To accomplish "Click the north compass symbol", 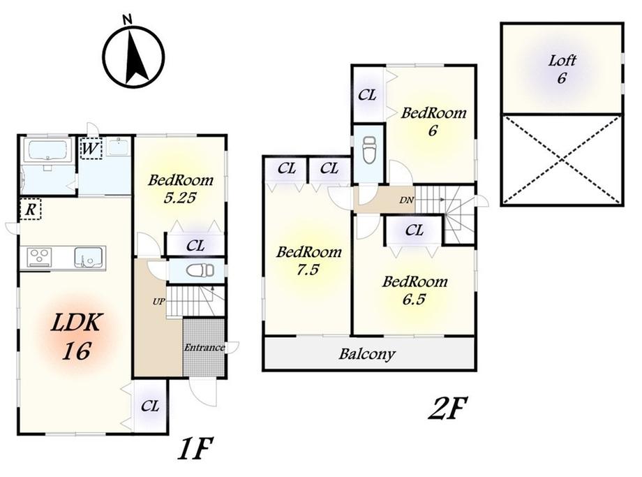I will click(133, 55).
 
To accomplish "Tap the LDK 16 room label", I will click(75, 335).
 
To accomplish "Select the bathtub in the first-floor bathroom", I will click(47, 152).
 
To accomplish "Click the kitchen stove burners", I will click(39, 257).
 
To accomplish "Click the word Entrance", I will click(204, 348).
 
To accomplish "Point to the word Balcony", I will click(367, 354).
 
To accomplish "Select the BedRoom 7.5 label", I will click(308, 260).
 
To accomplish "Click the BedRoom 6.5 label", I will click(414, 290).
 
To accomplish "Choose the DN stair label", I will click(406, 200).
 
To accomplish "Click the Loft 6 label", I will click(561, 68).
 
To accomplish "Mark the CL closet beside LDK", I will click(149, 406).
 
